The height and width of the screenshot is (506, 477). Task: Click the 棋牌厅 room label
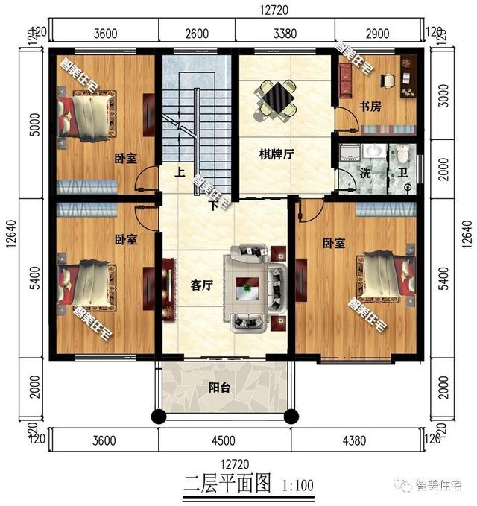(277, 154)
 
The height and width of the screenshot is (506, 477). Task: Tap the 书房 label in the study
(370, 106)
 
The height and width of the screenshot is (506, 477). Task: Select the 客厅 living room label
(201, 285)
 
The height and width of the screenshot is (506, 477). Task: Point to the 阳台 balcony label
(219, 388)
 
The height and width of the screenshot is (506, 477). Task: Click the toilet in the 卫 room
(402, 154)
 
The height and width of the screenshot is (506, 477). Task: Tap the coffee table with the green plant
(247, 288)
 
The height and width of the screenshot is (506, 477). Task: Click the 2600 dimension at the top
(197, 34)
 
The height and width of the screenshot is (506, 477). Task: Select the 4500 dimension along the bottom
(224, 440)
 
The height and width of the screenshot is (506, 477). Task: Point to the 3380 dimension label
(285, 34)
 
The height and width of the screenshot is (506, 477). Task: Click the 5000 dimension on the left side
(35, 124)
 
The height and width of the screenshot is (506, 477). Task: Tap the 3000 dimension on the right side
(444, 95)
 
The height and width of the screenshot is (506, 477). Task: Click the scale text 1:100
(297, 485)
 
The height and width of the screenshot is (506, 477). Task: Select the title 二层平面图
(227, 483)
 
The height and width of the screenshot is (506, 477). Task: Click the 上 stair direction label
(180, 171)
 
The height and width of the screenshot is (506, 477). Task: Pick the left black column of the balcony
(159, 417)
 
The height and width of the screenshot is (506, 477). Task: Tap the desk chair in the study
(388, 80)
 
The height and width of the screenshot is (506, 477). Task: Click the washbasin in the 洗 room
(374, 151)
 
